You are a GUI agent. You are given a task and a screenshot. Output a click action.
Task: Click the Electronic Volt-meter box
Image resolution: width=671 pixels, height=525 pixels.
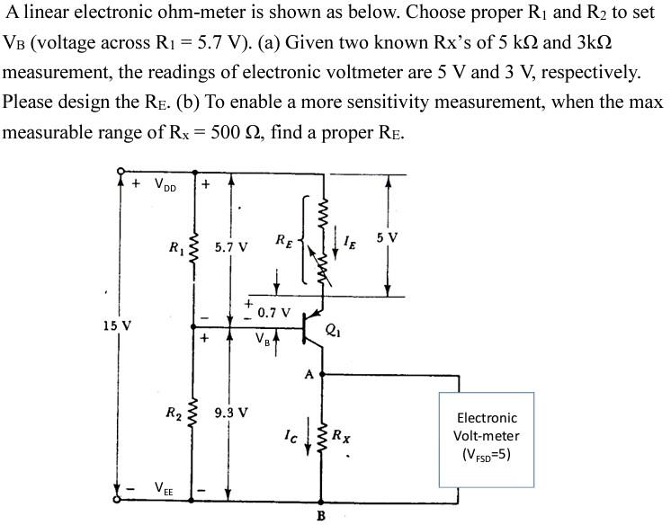(x=486, y=437)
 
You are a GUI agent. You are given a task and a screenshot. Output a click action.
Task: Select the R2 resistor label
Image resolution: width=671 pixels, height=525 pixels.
(x=174, y=414)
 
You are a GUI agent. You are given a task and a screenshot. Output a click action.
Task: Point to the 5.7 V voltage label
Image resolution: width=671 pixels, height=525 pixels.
(x=232, y=245)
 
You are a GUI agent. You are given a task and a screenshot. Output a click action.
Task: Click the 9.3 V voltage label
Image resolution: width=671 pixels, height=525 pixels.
(x=231, y=414)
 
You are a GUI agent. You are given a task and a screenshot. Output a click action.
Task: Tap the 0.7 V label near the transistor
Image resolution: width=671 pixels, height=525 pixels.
(x=273, y=313)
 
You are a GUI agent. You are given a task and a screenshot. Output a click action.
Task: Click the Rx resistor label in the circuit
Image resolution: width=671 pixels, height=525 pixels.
(x=341, y=438)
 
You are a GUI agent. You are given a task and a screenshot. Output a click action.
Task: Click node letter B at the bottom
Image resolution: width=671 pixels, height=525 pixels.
(x=321, y=515)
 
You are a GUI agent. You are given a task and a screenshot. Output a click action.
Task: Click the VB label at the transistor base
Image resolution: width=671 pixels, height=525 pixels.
(x=262, y=341)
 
